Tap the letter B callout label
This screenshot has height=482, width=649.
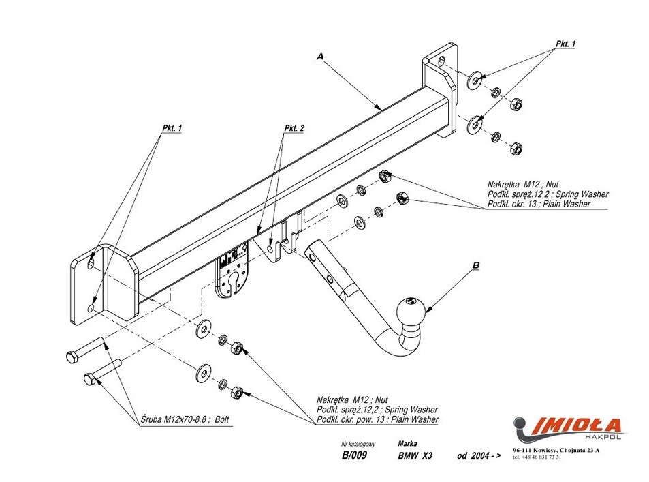476,265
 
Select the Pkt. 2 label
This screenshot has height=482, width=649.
294,128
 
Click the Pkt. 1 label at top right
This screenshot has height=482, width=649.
565,44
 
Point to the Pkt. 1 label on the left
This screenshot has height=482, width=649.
172,128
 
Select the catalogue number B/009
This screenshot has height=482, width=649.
355,457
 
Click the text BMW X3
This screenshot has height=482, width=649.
415,457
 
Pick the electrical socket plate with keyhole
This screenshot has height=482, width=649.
233,273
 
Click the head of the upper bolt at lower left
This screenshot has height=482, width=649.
72,356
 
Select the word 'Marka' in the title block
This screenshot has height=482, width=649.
407,443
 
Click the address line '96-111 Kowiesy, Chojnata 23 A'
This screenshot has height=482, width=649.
556,451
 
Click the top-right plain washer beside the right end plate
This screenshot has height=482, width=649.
474,79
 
